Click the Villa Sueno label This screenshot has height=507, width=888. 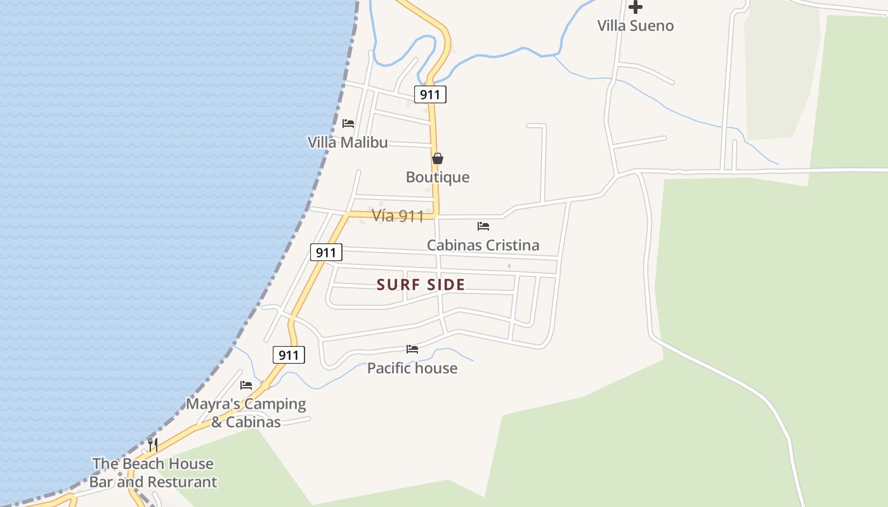click(x=635, y=26)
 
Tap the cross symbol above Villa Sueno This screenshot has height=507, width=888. click(x=635, y=7)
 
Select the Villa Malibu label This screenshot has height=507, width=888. click(x=348, y=143)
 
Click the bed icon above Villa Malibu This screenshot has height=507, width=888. click(x=348, y=123)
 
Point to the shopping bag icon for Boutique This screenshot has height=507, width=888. click(x=438, y=158)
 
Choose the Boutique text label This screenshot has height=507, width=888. click(x=438, y=177)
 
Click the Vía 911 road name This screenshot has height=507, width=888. click(x=398, y=216)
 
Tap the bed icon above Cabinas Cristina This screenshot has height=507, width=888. click(x=483, y=226)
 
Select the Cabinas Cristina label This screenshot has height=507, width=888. click(x=483, y=245)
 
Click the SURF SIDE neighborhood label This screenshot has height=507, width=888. click(x=421, y=285)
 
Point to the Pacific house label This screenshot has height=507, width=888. click(x=412, y=368)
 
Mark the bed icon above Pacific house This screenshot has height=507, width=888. click(x=412, y=349)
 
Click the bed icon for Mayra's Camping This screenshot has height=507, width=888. click(x=246, y=385)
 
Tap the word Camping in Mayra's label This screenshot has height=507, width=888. click(x=274, y=404)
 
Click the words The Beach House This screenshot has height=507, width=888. click(x=153, y=464)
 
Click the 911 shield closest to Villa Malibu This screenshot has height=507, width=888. click(x=431, y=95)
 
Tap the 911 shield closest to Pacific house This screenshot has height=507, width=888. click(x=289, y=355)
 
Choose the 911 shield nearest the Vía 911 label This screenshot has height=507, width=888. click(x=326, y=252)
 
